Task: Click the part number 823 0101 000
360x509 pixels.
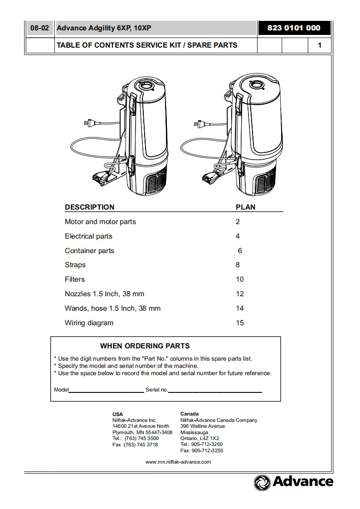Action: coord(294,28)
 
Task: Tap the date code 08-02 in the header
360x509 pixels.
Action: coord(39,28)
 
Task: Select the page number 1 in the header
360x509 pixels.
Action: coord(320,45)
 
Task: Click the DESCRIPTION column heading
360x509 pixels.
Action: coord(89,207)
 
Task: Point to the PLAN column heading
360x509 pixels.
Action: coord(245,207)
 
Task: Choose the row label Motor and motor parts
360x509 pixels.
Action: coord(100,222)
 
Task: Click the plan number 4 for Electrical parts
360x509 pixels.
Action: coord(238,236)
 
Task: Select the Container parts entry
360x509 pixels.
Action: coord(89,251)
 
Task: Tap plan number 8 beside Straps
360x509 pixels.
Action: coord(238,265)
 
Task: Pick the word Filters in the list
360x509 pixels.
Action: coord(75,279)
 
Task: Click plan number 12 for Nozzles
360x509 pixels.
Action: coord(240,294)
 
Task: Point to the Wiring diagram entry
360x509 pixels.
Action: coord(89,323)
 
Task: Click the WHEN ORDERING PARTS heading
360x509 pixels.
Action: coord(145,346)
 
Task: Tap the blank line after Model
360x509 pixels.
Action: coord(106,390)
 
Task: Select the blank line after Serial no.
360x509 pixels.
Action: coord(215,390)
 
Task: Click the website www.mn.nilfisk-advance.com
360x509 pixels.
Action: coord(178,462)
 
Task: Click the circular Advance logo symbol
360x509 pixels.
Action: coord(262,482)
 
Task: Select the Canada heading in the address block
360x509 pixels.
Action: coord(189,414)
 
